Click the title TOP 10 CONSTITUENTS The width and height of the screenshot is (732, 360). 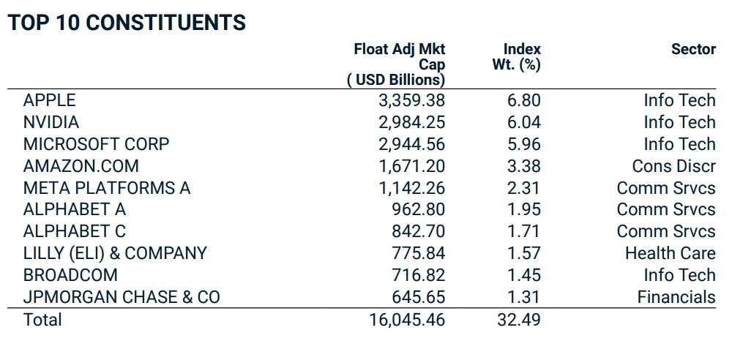pos(127,23)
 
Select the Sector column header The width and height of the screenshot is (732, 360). pos(693,49)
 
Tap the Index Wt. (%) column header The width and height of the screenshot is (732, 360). pos(517,57)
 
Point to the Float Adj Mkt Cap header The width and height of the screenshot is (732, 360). pos(397,64)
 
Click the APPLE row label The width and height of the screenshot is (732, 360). pos(49,100)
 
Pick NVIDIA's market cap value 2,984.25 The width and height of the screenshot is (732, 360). pos(411,122)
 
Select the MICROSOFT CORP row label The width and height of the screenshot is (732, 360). pos(96,144)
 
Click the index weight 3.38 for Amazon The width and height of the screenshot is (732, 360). pos(523,166)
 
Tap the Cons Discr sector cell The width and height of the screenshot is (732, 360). pos(673,166)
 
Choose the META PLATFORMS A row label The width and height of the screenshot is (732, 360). pos(107,188)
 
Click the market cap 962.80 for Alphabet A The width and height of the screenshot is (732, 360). pos(418,210)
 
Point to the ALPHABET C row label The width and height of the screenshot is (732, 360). pos(75,232)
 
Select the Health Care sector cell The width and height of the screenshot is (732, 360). pos(670,254)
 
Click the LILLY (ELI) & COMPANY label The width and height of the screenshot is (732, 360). pos(115,254)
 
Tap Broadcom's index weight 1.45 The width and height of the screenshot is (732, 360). pos(523,276)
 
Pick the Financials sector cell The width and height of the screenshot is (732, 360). pos(676,298)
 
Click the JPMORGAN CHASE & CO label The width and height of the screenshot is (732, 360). pos(122,298)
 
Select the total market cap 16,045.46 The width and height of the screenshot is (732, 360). pos(407,320)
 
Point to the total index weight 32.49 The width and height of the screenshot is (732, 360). pos(519,320)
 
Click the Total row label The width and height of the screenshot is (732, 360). pos(42,320)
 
